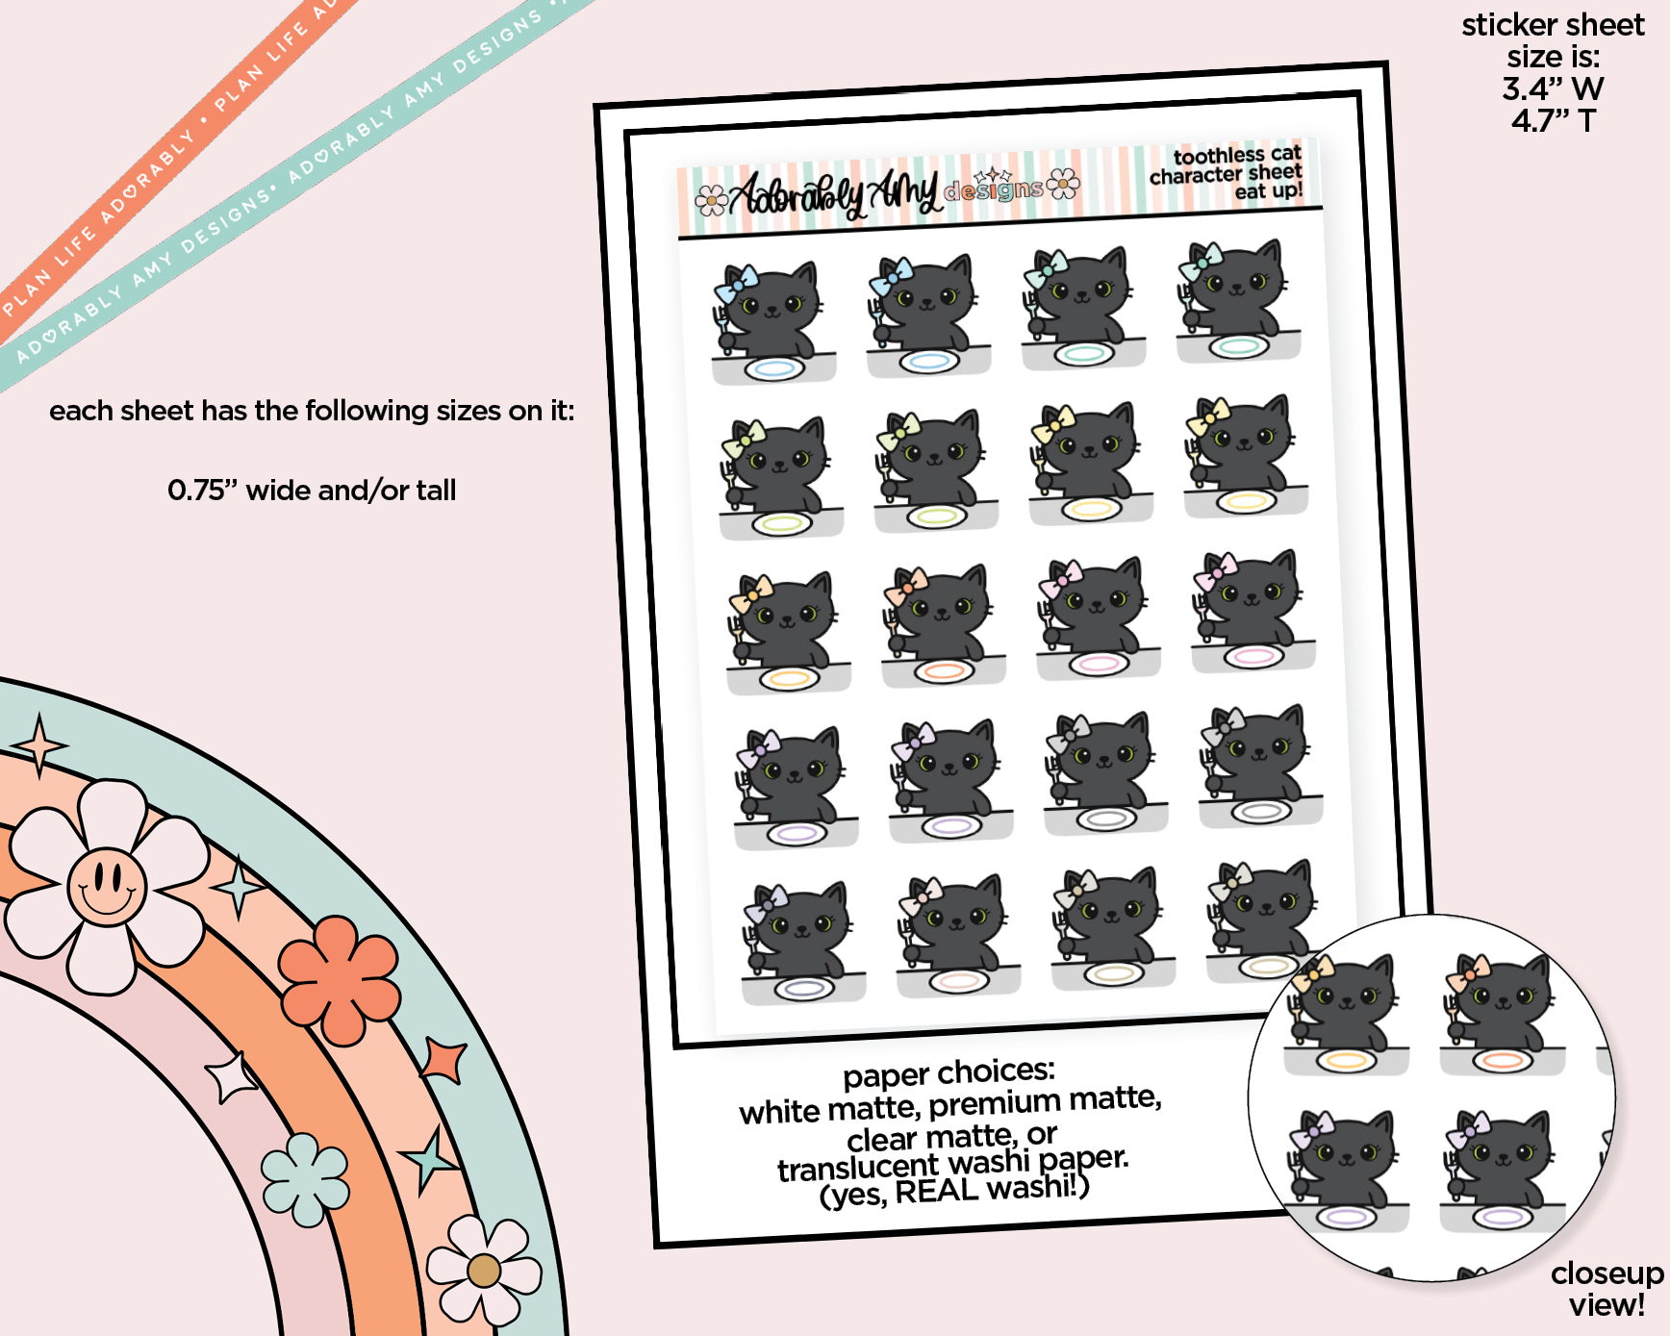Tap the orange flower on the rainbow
click(x=340, y=978)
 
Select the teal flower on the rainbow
click(x=305, y=1179)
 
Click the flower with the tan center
click(x=484, y=1271)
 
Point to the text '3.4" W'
click(x=1553, y=88)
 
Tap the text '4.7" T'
click(x=1553, y=120)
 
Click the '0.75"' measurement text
click(x=202, y=490)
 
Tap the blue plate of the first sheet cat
click(x=774, y=368)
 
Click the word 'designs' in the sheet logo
click(x=994, y=189)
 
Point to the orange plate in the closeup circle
click(x=1503, y=1060)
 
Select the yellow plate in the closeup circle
click(x=1347, y=1061)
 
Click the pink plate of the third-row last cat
click(x=1254, y=657)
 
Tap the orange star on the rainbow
click(x=444, y=1060)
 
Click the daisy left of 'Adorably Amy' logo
click(x=712, y=199)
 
